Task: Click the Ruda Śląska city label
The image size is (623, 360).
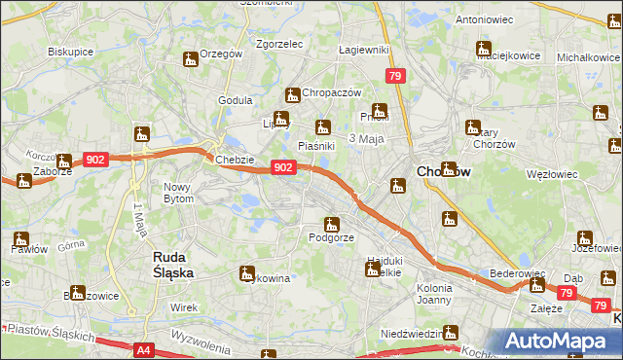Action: point(175,265)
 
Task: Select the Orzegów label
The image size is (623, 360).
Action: point(220,54)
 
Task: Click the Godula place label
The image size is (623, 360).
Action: point(236,99)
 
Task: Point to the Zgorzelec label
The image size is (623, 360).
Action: point(279,44)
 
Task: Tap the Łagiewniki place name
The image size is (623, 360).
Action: point(363,50)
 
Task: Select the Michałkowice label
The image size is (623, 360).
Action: point(588,58)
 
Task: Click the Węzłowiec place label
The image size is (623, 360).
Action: point(552,174)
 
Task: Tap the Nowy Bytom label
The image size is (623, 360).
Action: point(179,193)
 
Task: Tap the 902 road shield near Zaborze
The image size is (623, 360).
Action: point(95,159)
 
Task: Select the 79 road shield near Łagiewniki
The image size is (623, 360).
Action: point(394,76)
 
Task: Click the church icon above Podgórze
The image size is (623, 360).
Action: point(331,224)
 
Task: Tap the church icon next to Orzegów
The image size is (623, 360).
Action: point(191,59)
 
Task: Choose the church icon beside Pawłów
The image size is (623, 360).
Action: point(20,238)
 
